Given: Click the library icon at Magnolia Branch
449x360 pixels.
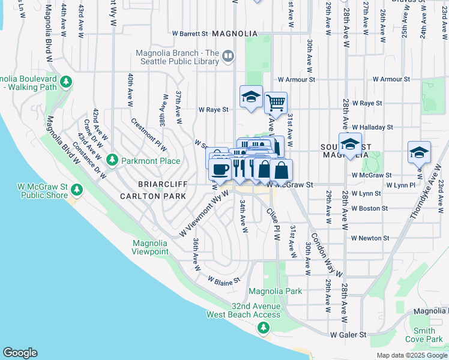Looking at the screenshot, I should point(228,56).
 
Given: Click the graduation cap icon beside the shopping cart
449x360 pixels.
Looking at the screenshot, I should point(251,96).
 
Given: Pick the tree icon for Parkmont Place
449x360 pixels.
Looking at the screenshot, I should point(112,160).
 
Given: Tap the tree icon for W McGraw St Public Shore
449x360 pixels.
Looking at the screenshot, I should point(76,190).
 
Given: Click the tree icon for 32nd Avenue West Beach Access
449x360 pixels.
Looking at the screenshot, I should point(263,328).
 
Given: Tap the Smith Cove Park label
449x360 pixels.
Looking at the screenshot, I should point(424,335).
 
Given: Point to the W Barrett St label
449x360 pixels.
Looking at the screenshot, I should point(190,34).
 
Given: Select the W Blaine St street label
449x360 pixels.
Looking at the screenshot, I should point(224,280).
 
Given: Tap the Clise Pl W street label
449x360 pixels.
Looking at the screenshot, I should point(273,224).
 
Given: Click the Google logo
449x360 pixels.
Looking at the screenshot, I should point(20,353).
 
